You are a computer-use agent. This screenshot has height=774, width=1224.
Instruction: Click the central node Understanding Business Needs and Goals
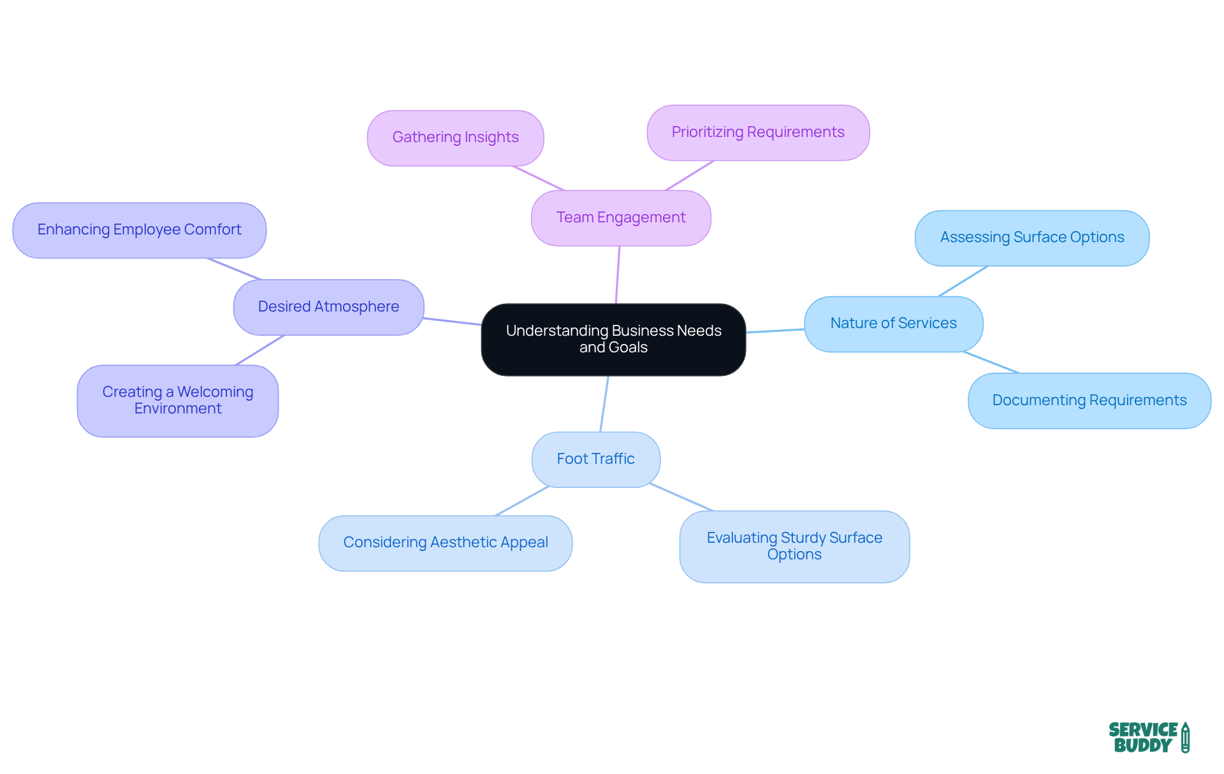[613, 339]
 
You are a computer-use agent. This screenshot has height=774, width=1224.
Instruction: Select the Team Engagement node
[621, 218]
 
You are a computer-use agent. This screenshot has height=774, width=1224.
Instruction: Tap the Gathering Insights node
[455, 138]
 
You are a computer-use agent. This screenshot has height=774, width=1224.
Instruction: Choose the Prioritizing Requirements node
[758, 133]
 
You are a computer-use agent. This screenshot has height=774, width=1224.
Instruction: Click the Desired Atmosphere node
[328, 307]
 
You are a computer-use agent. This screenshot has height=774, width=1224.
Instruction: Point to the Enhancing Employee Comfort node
[139, 230]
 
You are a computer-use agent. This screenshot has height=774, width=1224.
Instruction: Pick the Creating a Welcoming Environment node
[177, 401]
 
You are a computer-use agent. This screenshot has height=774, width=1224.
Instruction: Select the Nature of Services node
[893, 324]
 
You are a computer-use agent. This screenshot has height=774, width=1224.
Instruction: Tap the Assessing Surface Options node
[1031, 238]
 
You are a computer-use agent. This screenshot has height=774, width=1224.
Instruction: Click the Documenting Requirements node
[1089, 401]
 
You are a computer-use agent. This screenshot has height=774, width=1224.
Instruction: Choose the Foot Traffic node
[595, 459]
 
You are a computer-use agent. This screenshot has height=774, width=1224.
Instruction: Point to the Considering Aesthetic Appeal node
[445, 543]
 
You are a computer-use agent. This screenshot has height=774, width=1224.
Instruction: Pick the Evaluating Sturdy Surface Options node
[794, 547]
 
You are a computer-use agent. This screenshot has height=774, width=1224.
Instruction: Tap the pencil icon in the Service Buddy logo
[1185, 738]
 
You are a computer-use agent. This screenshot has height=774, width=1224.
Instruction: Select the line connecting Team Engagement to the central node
[618, 275]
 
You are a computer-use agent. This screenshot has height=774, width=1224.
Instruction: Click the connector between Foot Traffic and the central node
[604, 404]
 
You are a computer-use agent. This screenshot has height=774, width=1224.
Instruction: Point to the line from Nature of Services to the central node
[775, 331]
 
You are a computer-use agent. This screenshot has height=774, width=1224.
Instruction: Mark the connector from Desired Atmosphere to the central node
[453, 321]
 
